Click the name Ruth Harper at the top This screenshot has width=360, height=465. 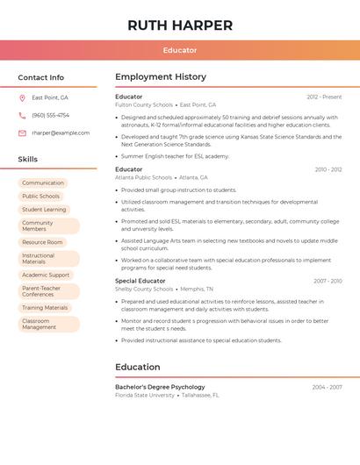click(180, 25)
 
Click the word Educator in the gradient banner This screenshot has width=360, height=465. click(180, 50)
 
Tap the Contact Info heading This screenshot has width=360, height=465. click(41, 77)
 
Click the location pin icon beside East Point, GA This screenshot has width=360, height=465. click(22, 97)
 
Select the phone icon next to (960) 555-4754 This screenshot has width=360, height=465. click(22, 115)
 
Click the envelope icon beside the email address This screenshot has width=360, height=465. click(22, 132)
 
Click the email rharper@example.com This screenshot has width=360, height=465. click(61, 132)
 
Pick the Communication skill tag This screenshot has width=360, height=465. click(43, 182)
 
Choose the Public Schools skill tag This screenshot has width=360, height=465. click(41, 196)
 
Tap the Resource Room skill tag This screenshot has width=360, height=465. click(42, 242)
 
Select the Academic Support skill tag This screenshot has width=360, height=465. click(46, 275)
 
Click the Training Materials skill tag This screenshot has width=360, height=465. click(45, 308)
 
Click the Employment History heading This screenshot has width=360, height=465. click(161, 77)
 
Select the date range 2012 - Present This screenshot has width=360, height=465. click(324, 97)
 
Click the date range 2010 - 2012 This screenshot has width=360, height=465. click(328, 169)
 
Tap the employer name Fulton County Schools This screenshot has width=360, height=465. click(144, 105)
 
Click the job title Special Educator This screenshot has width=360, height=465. click(140, 281)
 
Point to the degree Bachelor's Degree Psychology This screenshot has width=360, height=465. click(160, 387)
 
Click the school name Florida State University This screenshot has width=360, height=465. click(145, 396)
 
